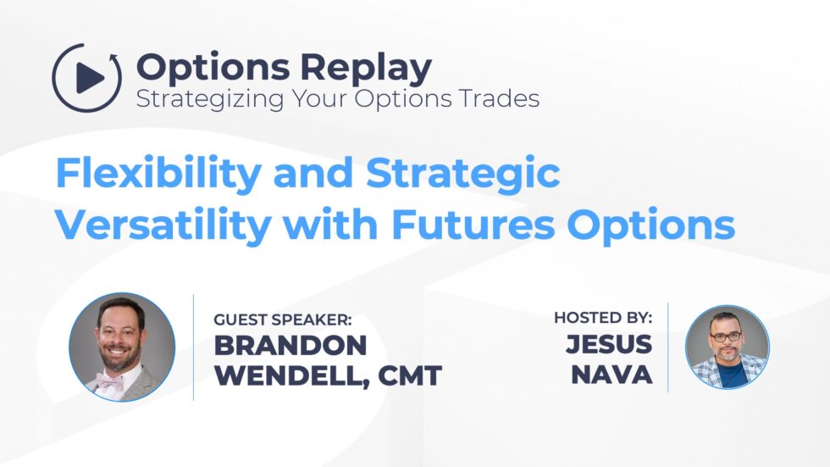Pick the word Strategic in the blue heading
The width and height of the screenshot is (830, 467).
463,174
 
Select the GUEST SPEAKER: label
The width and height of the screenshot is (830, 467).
282,320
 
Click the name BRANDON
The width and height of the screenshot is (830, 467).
290,345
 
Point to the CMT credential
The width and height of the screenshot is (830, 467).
409,375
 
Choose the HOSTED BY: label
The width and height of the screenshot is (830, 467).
603,318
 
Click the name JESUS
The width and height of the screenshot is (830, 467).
610,345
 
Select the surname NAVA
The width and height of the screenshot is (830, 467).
611,375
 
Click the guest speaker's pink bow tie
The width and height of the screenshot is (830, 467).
109,381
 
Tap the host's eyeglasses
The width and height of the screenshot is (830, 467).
726,336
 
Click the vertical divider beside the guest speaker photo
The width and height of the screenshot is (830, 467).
194,347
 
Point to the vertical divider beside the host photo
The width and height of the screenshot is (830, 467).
668,347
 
